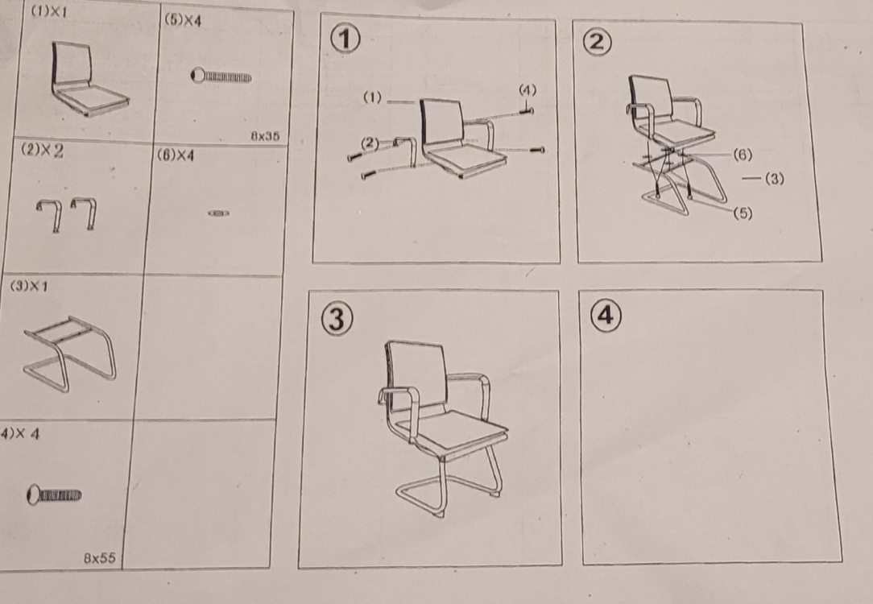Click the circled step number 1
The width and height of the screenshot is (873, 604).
[x=345, y=39]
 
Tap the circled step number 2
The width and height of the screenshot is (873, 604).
[x=597, y=43]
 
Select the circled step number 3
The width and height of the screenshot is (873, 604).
[x=337, y=320]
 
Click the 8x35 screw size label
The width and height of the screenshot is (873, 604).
[x=265, y=136]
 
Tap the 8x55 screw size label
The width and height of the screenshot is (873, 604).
[x=100, y=558]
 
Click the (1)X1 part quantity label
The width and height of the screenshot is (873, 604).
[x=48, y=12]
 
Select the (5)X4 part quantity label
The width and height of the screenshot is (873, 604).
[x=183, y=20]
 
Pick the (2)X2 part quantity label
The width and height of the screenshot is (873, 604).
[x=43, y=151]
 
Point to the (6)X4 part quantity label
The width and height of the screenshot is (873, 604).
[x=176, y=155]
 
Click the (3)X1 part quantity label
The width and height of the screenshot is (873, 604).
[x=29, y=286]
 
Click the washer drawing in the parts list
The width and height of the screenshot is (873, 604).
[x=219, y=213]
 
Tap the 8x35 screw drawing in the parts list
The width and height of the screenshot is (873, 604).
[x=221, y=76]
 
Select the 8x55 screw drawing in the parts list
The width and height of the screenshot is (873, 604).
[x=54, y=495]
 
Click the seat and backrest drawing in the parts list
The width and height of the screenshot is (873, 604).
[x=89, y=79]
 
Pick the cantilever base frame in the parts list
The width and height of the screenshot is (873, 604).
[x=70, y=353]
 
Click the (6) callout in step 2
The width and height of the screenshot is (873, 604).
[x=743, y=155]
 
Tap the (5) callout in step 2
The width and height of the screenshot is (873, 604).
[x=743, y=213]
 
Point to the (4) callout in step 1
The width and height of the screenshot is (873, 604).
[x=528, y=89]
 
